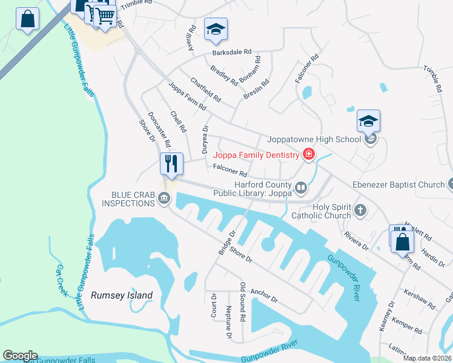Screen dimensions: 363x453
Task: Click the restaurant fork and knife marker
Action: coord(171,164)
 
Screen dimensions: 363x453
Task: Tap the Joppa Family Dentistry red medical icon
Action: coord(309,155)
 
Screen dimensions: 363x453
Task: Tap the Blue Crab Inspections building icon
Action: coord(164,198)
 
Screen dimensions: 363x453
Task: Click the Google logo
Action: coord(20,356)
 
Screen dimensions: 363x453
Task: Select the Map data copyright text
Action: coord(427,358)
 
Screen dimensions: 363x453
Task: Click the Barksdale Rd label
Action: coord(231,53)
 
